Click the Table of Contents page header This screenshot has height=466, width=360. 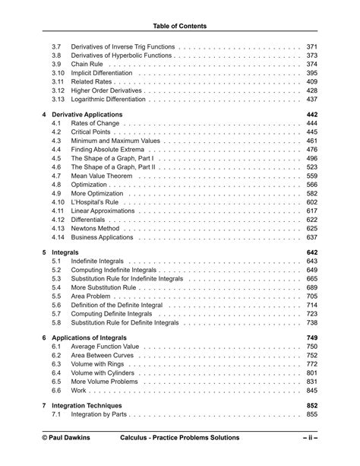tap(179, 26)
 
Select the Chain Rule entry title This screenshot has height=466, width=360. tap(87, 65)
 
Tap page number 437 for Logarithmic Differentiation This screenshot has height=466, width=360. tap(311, 100)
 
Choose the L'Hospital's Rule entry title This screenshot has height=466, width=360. tap(96, 203)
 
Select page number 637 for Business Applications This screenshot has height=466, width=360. tap(311, 238)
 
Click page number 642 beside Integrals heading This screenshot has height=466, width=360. tap(311, 252)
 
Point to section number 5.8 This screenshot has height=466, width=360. tap(56, 323)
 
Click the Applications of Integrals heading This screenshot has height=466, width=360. tap(89, 338)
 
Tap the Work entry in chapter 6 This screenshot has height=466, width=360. tap(79, 391)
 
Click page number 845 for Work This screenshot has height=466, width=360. tap(311, 391)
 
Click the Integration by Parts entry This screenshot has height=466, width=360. tap(99, 415)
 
